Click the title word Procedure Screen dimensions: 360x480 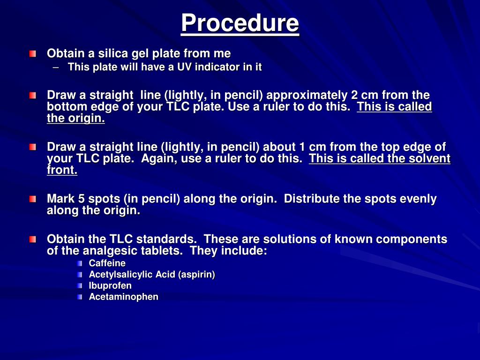(x=240, y=23)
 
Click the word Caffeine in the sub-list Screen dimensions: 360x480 (x=107, y=263)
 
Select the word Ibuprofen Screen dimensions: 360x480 (x=110, y=285)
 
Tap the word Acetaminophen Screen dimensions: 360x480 (x=124, y=297)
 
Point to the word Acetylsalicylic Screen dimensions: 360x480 (x=118, y=275)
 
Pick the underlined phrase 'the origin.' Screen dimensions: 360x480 (x=76, y=119)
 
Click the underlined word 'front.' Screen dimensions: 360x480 (x=62, y=171)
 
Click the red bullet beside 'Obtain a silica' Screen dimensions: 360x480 (x=32, y=54)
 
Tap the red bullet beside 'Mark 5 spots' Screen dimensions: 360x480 (x=32, y=199)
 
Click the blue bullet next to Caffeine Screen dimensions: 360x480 (x=80, y=263)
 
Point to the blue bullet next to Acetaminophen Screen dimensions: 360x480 (x=80, y=297)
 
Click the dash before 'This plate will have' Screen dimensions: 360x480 (x=56, y=67)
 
